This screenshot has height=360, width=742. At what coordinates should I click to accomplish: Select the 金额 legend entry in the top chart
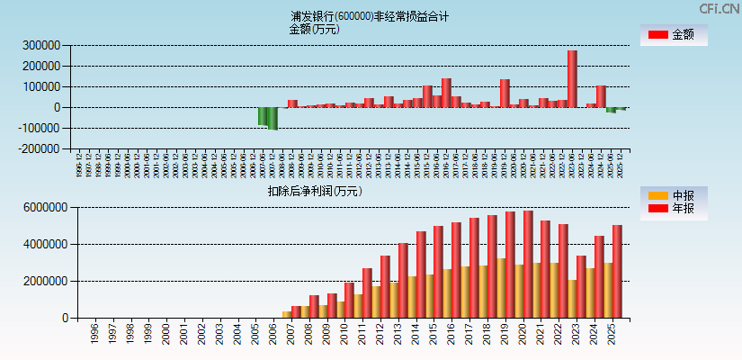[672, 34]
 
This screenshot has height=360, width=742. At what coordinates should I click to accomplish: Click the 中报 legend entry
[672, 195]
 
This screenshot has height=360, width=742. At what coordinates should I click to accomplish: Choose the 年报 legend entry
[672, 209]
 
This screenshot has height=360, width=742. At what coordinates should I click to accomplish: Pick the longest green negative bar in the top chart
[273, 118]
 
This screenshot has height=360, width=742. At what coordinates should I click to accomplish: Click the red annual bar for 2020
[528, 264]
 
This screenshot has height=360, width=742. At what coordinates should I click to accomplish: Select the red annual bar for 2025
[617, 271]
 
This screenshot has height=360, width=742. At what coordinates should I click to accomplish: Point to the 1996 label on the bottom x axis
[94, 335]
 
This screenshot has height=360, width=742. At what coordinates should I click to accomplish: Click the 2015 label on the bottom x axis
[434, 335]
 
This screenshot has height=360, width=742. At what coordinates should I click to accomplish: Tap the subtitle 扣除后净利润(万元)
[315, 191]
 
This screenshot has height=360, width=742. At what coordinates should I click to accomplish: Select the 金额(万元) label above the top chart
[314, 29]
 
